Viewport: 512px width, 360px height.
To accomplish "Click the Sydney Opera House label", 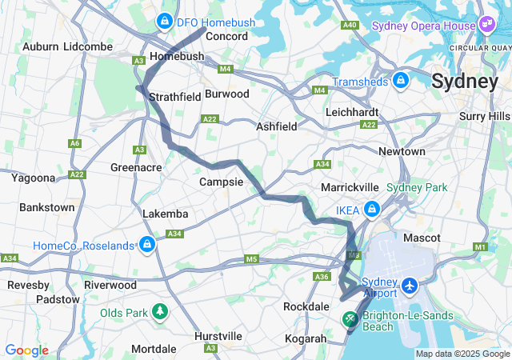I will (x=424, y=26).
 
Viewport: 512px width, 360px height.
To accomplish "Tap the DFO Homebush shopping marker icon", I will (x=164, y=21).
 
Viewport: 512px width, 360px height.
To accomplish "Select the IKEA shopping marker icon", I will (x=371, y=210).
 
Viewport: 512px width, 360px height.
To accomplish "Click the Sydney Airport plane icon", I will (x=410, y=285).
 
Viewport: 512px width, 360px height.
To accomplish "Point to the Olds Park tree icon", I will (x=161, y=311).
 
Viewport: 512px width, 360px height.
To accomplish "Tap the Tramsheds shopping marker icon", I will (x=401, y=81).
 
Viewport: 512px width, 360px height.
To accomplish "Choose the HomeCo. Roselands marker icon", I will (x=146, y=244).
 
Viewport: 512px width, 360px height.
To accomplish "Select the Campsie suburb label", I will (x=221, y=182).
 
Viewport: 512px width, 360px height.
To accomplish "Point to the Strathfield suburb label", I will (x=174, y=97).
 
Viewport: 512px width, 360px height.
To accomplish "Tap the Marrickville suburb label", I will (x=350, y=186).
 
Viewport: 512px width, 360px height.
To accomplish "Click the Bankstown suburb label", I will (x=46, y=207).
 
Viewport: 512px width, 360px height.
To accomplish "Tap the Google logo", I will (x=26, y=350).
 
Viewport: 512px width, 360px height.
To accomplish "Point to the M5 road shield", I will (x=252, y=259).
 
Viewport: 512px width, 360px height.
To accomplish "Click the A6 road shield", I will (x=75, y=143).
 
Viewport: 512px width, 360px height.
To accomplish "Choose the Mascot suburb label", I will (x=422, y=238).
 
